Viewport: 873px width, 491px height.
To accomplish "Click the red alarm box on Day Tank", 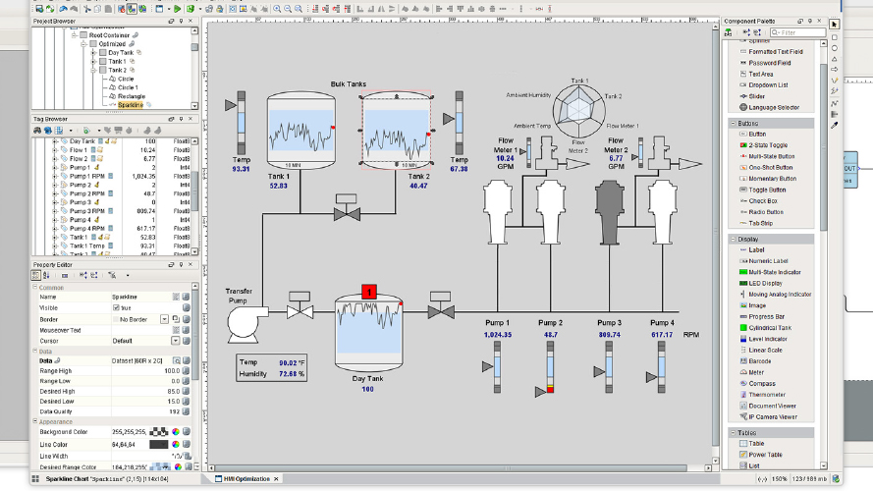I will pyautogui.click(x=369, y=292).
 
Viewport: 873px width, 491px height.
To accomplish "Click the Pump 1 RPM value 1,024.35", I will pyautogui.click(x=498, y=335).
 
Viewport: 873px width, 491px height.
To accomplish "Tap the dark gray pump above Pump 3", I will pyautogui.click(x=610, y=209).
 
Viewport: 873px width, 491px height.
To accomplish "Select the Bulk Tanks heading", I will pyautogui.click(x=348, y=84).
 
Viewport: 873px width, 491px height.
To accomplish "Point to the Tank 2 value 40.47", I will pyautogui.click(x=418, y=185).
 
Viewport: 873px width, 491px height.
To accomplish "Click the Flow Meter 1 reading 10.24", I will pyautogui.click(x=505, y=158).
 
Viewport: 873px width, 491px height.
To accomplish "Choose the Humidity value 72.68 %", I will pyautogui.click(x=291, y=374).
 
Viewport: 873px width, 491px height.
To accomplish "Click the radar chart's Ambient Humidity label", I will pyautogui.click(x=528, y=95).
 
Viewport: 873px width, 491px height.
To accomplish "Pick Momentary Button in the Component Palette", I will pyautogui.click(x=772, y=179).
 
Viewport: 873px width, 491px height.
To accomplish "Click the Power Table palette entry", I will pyautogui.click(x=766, y=455).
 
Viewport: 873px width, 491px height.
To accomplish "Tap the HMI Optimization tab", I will pyautogui.click(x=248, y=478).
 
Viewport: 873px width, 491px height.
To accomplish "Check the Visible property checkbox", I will pyautogui.click(x=116, y=307).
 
